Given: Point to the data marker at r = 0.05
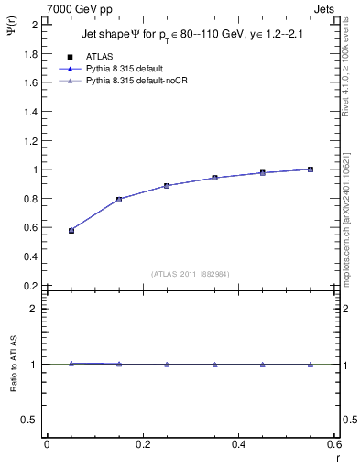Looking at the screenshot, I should (71, 231).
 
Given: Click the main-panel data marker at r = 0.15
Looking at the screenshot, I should (119, 199).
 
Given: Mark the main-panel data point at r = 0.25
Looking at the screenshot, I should (167, 186).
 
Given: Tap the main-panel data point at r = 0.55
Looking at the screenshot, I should (311, 169).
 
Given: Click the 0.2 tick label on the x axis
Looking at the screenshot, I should (143, 444).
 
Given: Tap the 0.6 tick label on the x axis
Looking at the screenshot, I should (334, 444).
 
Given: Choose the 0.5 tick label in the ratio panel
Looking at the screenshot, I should (29, 420).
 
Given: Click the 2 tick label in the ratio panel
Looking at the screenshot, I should (33, 309).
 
